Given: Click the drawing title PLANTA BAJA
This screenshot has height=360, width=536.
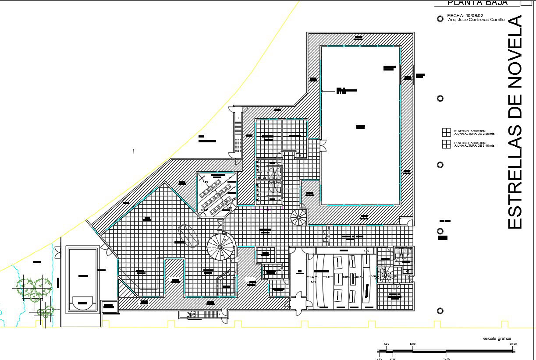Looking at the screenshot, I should point(477,3).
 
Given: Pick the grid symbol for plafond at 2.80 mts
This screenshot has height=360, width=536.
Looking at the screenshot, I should point(446,132).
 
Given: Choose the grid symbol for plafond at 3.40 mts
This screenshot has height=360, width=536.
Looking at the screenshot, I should point(446,145).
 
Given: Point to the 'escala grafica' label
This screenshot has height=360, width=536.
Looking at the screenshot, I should point(497,339).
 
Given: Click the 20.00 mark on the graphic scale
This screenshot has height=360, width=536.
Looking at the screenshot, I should point(513,344).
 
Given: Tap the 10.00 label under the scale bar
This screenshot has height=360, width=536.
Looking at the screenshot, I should point(446,358).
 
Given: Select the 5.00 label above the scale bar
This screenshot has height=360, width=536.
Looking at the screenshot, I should point(413,344).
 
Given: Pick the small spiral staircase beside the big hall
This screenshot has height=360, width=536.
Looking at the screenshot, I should point(299,217).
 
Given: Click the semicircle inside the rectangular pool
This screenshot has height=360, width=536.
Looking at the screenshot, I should point(82,302).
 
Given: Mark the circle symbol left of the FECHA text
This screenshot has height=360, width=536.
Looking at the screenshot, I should point(440,19).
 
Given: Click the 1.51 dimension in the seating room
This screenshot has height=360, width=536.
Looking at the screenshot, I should point(327,277).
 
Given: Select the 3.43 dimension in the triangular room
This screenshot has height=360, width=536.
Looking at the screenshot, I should point(205,182).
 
